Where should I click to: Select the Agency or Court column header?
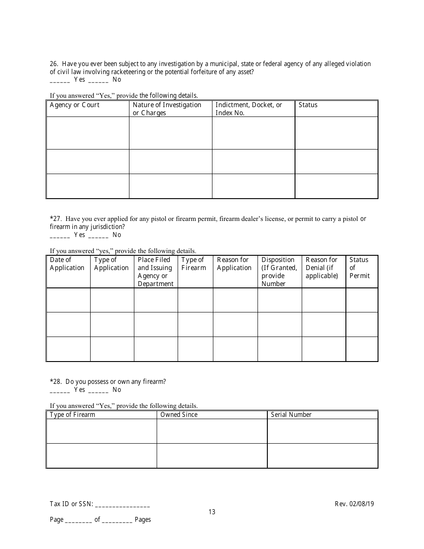pos(75,105)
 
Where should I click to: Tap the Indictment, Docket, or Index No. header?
pos(249,108)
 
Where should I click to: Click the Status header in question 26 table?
pos(308,105)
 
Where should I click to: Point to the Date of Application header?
pos(67,264)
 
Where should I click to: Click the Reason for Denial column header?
pos(322,268)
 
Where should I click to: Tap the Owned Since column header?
pos(179,415)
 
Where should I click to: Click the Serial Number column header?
pos(291,415)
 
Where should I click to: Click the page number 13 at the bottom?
pos(212,512)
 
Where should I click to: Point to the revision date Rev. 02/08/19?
pos(354,504)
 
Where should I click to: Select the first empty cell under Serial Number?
pos(323,431)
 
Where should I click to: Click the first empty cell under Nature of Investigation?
pos(170,133)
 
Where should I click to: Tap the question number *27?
pos(56,219)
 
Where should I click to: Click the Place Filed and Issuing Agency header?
pos(155,271)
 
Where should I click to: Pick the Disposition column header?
pos(279,271)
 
